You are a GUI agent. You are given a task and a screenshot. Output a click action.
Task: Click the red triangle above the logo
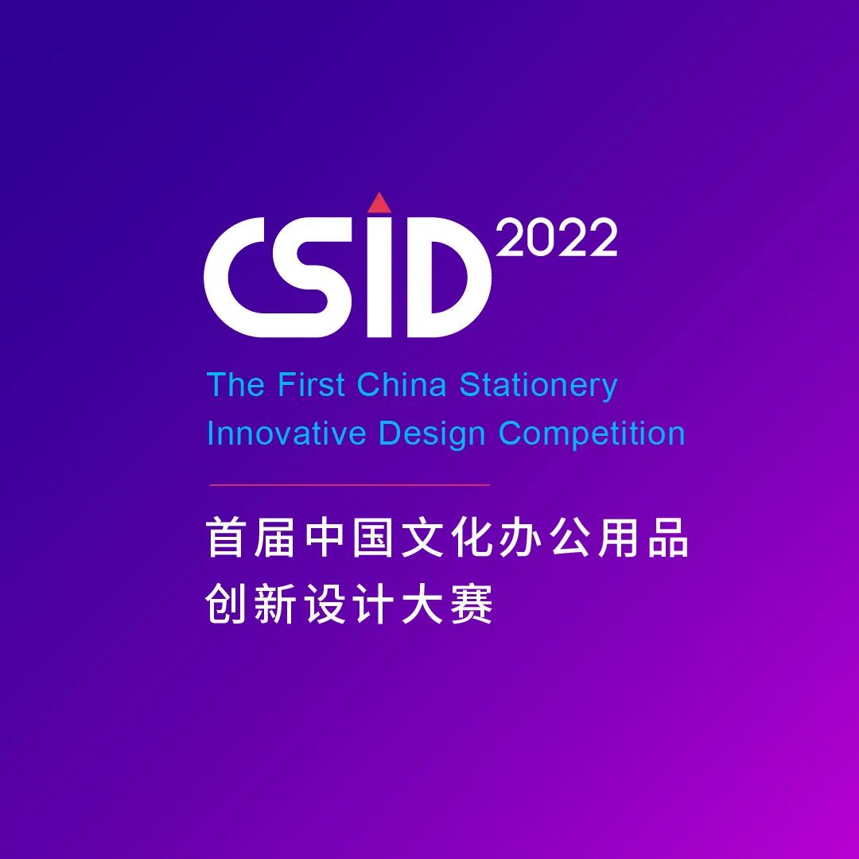pyautogui.click(x=379, y=204)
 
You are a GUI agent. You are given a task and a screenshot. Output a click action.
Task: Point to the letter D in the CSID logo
pyautogui.click(x=449, y=277)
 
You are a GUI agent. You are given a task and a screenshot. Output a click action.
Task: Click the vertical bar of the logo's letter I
pyautogui.click(x=379, y=277)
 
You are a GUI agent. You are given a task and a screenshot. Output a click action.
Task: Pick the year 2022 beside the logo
pyautogui.click(x=557, y=238)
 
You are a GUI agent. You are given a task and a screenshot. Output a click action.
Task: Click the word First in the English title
pyautogui.click(x=311, y=384)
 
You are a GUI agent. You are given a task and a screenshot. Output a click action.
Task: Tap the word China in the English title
pyautogui.click(x=402, y=384)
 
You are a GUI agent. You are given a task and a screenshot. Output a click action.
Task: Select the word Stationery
pyautogui.click(x=538, y=386)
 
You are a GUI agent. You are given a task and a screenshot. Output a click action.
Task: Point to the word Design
pyautogui.click(x=432, y=435)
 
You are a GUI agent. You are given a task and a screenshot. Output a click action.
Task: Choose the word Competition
pyautogui.click(x=592, y=435)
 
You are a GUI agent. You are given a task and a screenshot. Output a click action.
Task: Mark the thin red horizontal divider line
pyautogui.click(x=349, y=485)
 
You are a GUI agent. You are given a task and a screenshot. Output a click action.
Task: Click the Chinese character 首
pyautogui.click(x=224, y=538)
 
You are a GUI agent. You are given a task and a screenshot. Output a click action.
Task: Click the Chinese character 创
pyautogui.click(x=224, y=604)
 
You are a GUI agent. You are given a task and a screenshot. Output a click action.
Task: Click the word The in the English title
pyautogui.click(x=236, y=384)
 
